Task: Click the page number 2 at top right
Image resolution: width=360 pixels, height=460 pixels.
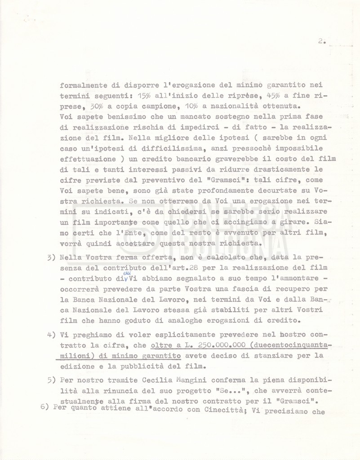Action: tap(321, 41)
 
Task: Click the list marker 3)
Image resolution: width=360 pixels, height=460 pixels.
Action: tap(51, 258)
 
